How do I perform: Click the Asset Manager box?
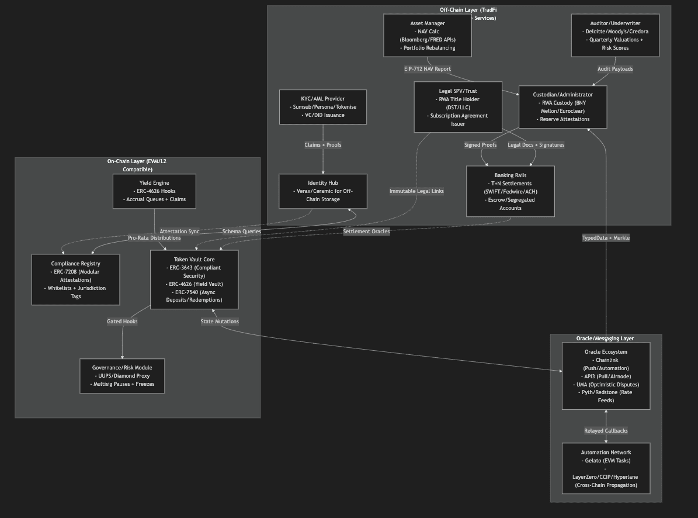428,36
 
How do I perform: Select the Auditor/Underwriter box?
615,36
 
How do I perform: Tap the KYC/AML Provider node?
323,107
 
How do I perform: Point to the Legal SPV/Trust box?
458,108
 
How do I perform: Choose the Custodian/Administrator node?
562,107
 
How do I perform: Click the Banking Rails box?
510,191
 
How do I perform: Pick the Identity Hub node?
323,191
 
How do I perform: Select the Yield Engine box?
154,191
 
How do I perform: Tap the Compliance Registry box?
75,279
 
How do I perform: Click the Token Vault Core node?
194,279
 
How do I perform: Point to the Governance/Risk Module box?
122,376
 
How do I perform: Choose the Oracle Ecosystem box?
606,376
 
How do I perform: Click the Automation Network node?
606,468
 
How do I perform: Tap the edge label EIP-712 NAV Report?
428,69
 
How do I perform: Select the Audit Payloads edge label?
615,69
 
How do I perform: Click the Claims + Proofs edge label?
323,145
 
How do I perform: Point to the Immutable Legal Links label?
416,191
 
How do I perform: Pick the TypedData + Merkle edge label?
606,238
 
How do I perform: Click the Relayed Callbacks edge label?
606,431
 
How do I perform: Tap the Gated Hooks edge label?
122,322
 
